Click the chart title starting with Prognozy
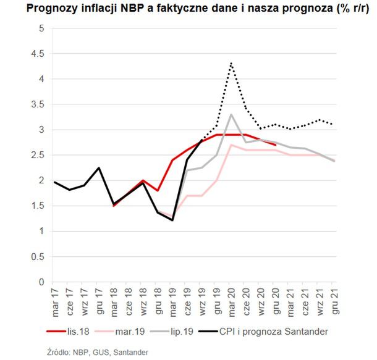click(188, 9)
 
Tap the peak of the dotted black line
click(231, 63)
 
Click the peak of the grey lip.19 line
click(231, 114)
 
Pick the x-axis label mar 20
click(231, 299)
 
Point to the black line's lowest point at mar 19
click(172, 220)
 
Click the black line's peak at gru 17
click(98, 168)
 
